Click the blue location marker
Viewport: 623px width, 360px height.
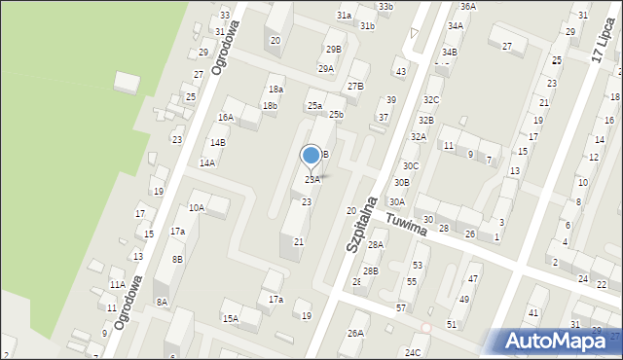[x=311, y=156]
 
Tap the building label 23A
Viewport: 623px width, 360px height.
[x=312, y=179]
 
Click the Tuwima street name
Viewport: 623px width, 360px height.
[x=406, y=225]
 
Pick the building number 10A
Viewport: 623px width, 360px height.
[x=197, y=207]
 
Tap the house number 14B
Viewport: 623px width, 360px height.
[x=218, y=142]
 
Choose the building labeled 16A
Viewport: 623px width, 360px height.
[x=226, y=117]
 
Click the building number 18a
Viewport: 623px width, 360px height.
[x=275, y=89]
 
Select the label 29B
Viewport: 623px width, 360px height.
[x=334, y=49]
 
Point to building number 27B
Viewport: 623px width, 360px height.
[x=355, y=86]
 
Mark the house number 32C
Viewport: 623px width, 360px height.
[x=431, y=99]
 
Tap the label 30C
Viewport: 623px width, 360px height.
[x=411, y=165]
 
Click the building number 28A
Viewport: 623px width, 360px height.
[x=376, y=244]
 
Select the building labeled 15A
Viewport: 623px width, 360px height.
[x=230, y=318]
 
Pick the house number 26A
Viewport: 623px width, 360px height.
[x=355, y=333]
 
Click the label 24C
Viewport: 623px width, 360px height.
[x=413, y=351]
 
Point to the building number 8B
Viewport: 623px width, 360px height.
[x=177, y=259]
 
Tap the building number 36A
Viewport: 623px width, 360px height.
[x=468, y=7]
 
